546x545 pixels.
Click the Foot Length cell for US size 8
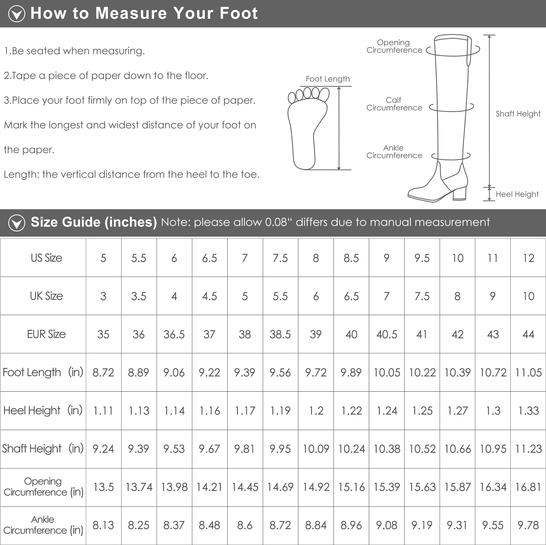316,373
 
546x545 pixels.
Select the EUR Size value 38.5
280,334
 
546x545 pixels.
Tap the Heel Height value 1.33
528,411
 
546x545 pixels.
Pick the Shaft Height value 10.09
316,449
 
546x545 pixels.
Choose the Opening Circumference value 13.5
103,487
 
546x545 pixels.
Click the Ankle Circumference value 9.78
528,525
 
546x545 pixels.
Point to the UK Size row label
46,296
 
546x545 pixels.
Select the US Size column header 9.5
422,258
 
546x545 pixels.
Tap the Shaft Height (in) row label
43,449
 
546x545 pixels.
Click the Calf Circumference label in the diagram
394,104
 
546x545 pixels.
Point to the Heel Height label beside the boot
517,194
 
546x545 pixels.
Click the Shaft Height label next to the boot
518,114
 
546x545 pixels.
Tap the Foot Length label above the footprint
328,79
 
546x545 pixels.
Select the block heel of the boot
459,194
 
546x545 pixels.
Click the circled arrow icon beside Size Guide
17,223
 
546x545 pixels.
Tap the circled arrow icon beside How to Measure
17,13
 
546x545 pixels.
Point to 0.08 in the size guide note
276,222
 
